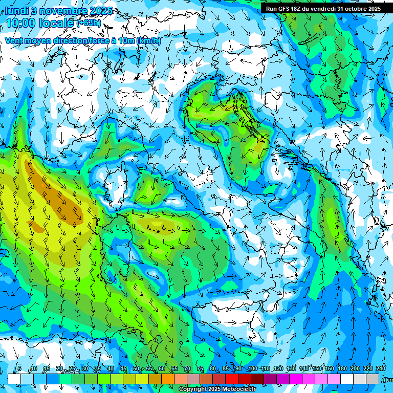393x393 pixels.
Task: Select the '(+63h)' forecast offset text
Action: (89, 23)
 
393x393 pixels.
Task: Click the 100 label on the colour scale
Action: (252, 369)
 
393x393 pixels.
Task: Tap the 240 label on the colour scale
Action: (381, 369)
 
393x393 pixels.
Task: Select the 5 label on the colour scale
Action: (19, 369)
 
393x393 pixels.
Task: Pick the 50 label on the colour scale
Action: (136, 369)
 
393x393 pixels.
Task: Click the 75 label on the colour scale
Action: (200, 369)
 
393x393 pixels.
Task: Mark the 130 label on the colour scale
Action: (291, 369)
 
